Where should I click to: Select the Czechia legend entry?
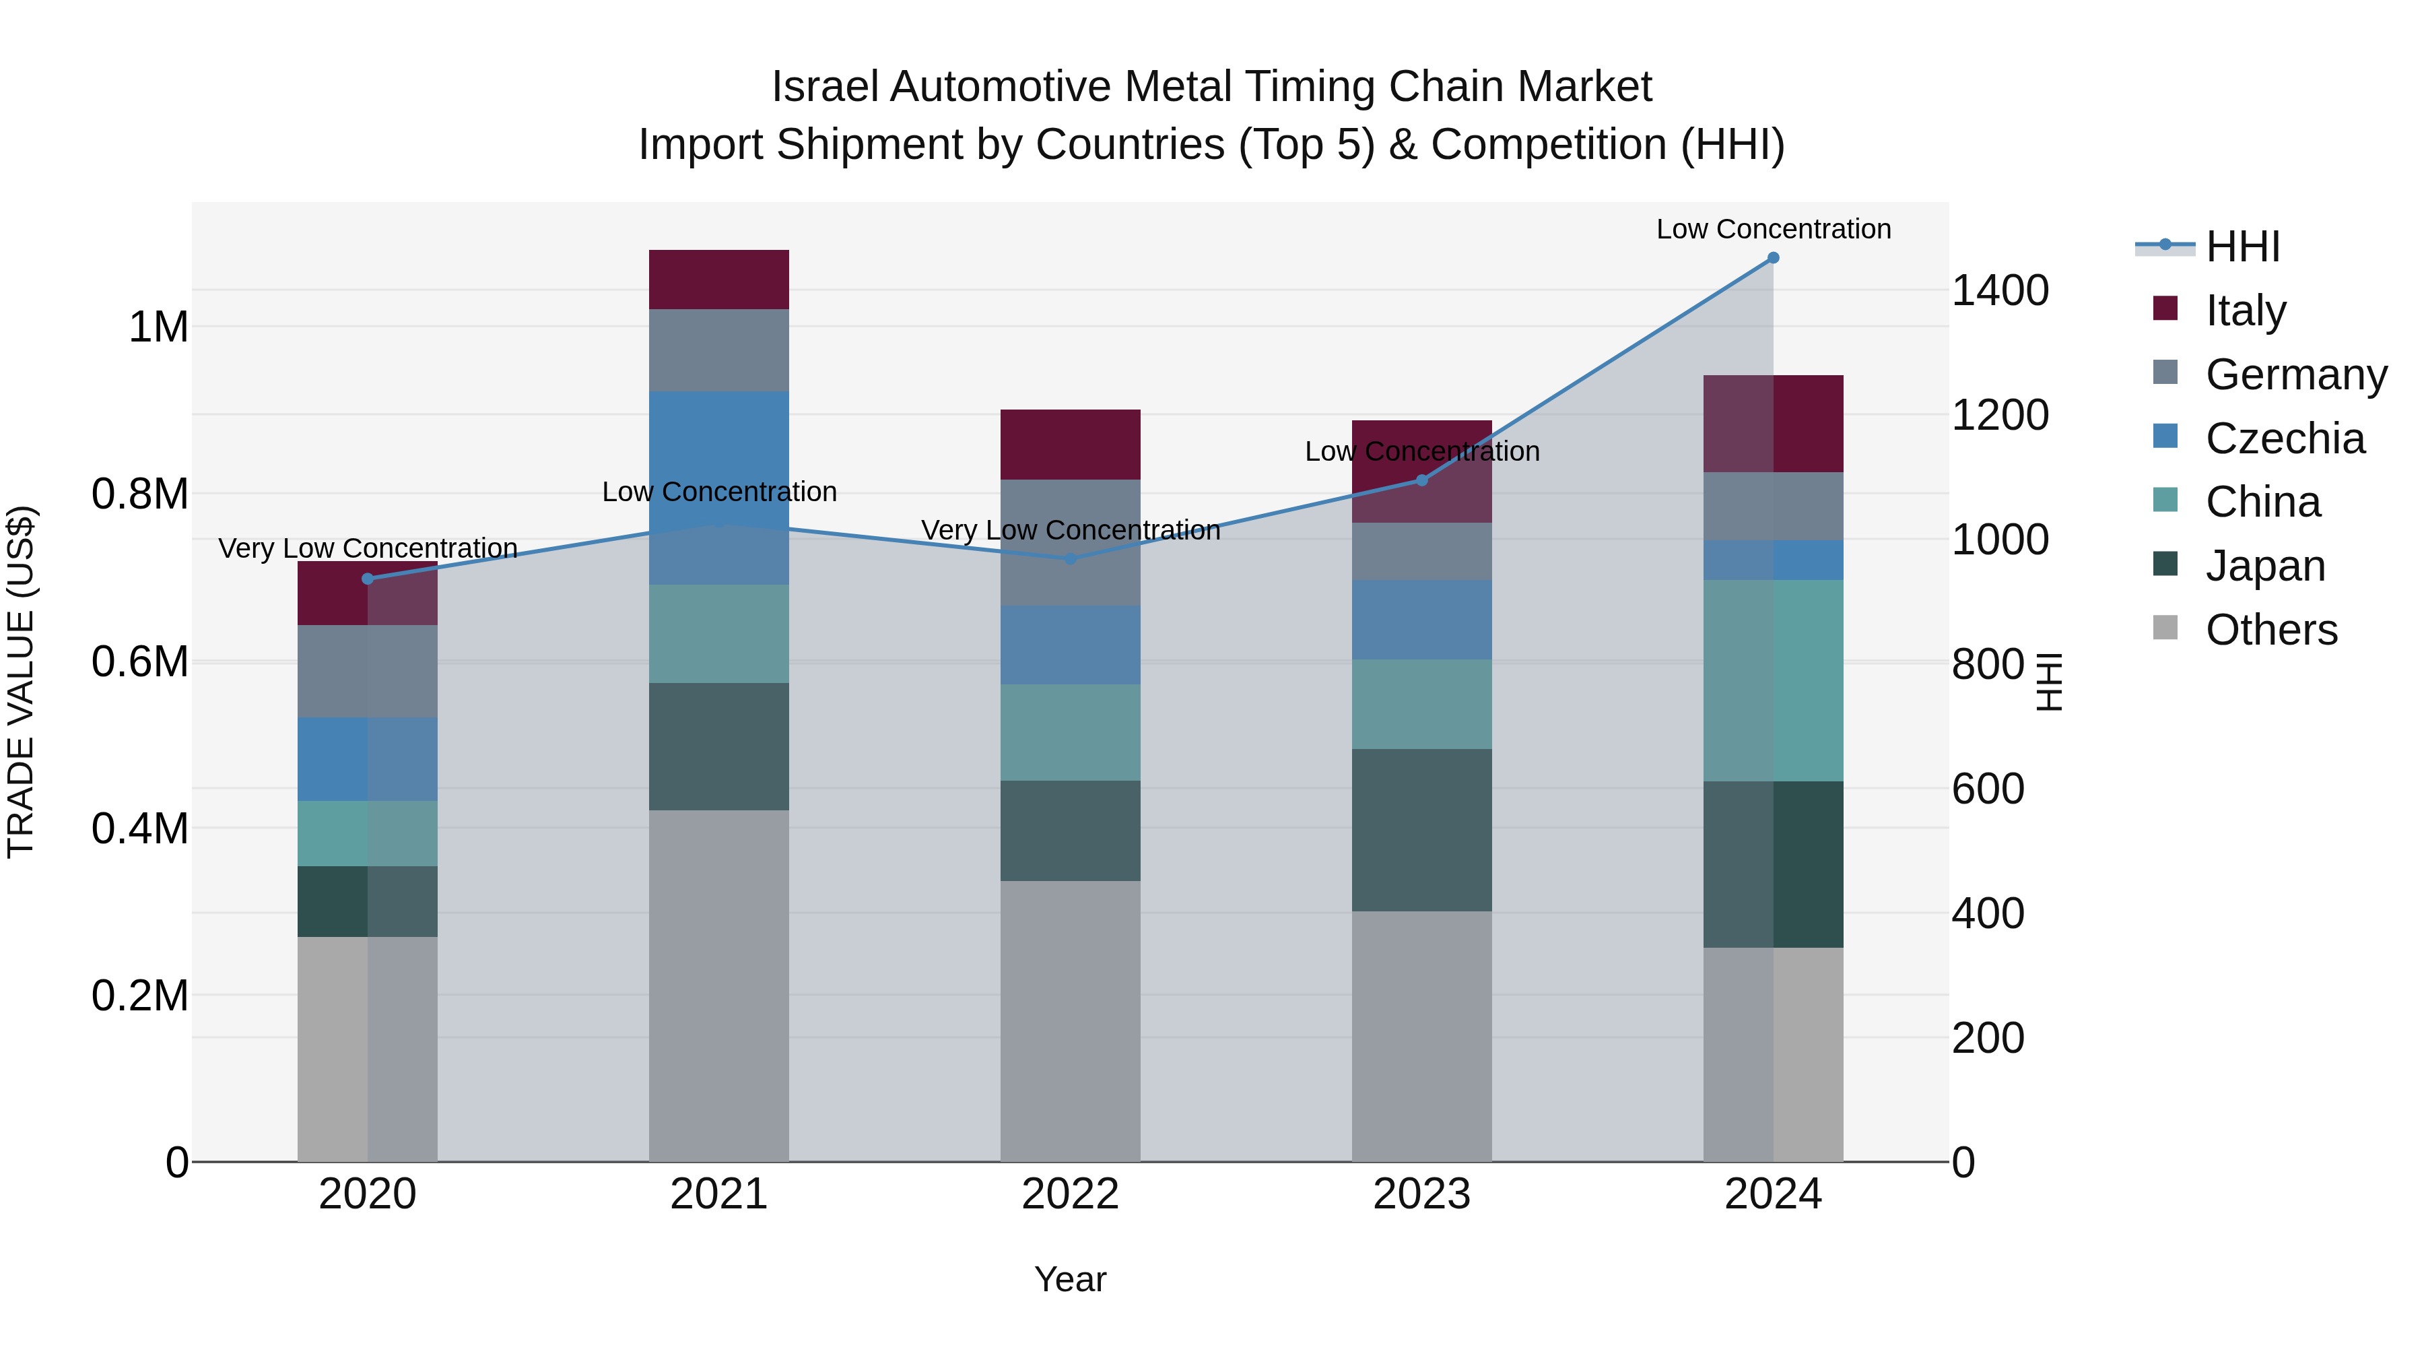point(2284,439)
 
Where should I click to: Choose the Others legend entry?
point(2270,630)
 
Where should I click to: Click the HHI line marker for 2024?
point(1773,258)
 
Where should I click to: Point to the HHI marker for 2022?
point(1070,558)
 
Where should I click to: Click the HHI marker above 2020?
point(368,579)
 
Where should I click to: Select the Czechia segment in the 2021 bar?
point(719,488)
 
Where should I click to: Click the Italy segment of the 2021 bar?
point(719,280)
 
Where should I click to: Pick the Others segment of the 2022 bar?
point(1070,1020)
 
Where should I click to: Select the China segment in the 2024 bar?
point(1773,680)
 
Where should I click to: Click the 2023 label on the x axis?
point(1422,1194)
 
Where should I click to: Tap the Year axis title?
point(1070,1279)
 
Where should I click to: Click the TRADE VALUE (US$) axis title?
point(22,682)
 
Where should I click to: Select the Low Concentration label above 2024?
point(1773,229)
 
